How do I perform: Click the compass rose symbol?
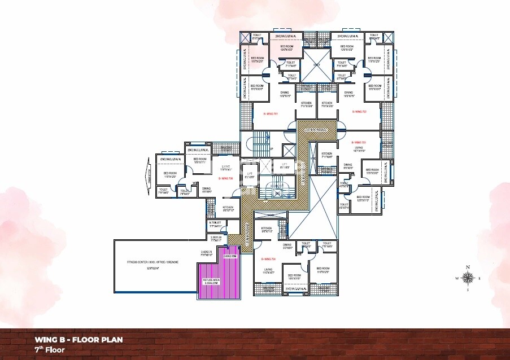click(468, 277)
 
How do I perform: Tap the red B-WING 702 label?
click(360, 112)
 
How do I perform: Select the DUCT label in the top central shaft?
click(317, 65)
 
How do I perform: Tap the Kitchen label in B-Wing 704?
click(267, 230)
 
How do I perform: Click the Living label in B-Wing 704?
click(268, 271)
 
